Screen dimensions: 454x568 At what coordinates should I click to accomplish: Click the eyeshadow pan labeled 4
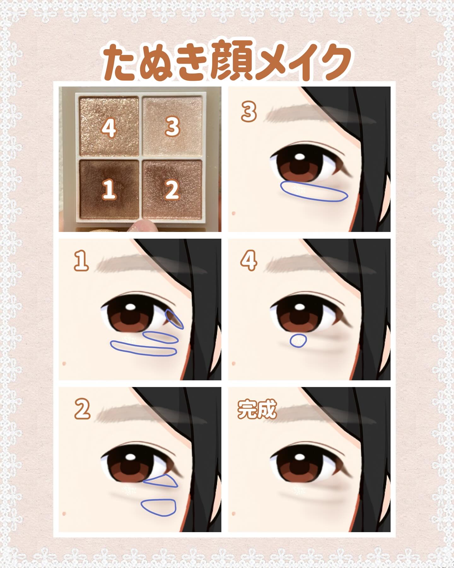[x=109, y=126]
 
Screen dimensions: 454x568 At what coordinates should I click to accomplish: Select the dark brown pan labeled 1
[x=109, y=189]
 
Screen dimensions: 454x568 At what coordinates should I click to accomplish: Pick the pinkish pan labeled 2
[x=172, y=189]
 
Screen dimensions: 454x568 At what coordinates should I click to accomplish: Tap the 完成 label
[x=257, y=410]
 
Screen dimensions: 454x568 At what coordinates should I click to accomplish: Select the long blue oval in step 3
[x=314, y=192]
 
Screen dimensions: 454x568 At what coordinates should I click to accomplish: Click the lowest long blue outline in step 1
[x=143, y=348]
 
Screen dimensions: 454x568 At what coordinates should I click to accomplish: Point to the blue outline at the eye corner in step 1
[x=174, y=319]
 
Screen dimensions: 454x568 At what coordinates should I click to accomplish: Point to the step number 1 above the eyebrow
[x=81, y=261]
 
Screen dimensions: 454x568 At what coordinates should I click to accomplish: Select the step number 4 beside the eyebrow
[x=249, y=261]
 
